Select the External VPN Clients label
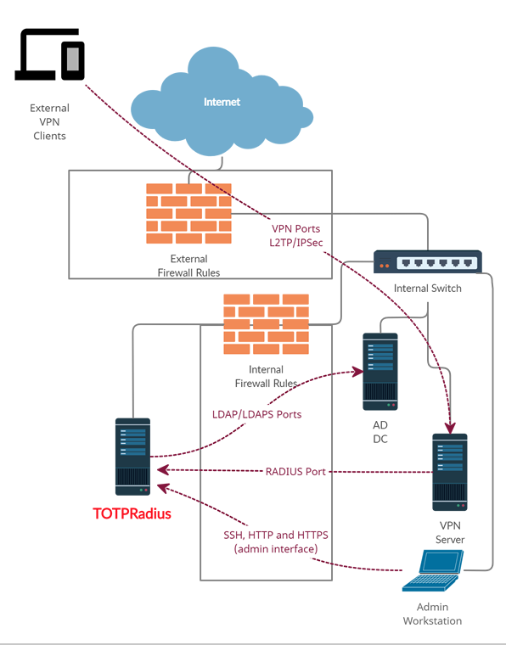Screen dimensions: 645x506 coord(49,122)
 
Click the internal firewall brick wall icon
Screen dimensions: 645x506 coord(265,323)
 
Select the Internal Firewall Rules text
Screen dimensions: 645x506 coord(265,377)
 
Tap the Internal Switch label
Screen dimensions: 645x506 coord(427,289)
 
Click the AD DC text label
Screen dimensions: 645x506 coord(380,432)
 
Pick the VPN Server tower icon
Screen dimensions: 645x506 coord(450,472)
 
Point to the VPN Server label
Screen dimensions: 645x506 coord(450,532)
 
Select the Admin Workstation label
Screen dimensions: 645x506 coord(433,614)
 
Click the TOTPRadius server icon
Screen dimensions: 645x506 coord(132,457)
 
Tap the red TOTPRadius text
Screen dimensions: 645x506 coord(132,513)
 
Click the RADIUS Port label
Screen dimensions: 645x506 coord(295,471)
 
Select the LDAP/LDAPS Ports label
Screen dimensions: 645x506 coord(256,414)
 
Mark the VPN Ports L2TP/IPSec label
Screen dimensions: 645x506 coord(295,236)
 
